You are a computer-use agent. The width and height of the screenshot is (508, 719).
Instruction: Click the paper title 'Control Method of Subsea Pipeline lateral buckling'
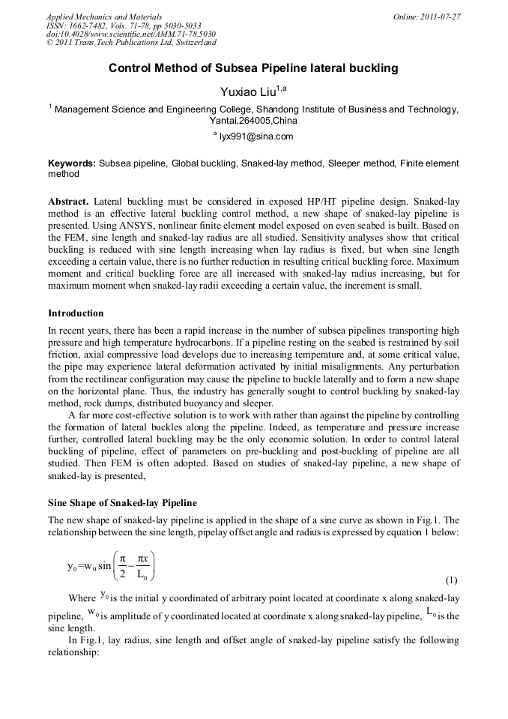click(253, 68)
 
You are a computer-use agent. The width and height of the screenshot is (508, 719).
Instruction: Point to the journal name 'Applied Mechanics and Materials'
click(104, 16)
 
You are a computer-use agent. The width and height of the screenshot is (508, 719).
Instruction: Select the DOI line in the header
click(131, 34)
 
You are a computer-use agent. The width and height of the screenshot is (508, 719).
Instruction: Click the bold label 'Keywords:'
click(72, 163)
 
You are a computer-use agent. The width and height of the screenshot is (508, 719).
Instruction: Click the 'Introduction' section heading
click(76, 313)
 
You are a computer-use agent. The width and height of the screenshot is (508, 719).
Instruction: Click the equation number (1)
click(451, 580)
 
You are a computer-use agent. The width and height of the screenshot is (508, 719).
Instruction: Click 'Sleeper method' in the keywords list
click(360, 163)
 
